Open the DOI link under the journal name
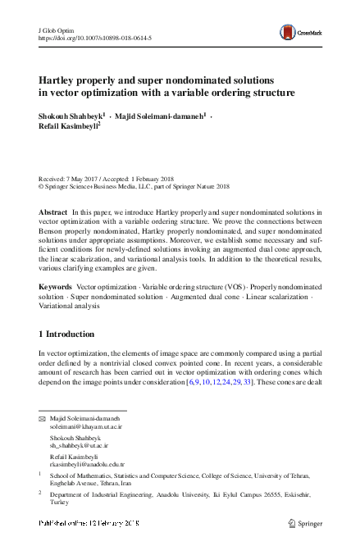(x=95, y=38)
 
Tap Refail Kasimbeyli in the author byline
(x=68, y=127)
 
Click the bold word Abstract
(x=53, y=212)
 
